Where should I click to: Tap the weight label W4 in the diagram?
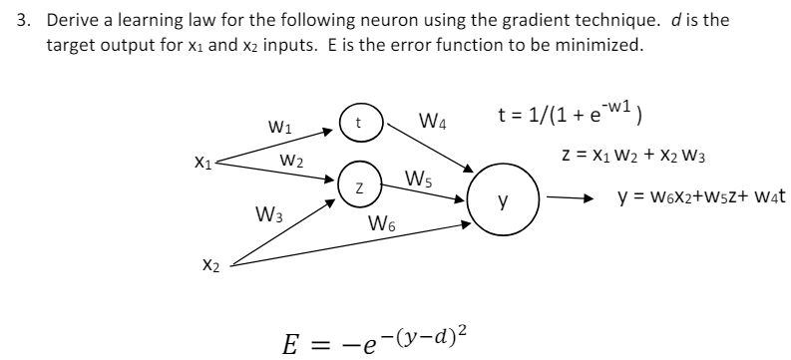432,125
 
